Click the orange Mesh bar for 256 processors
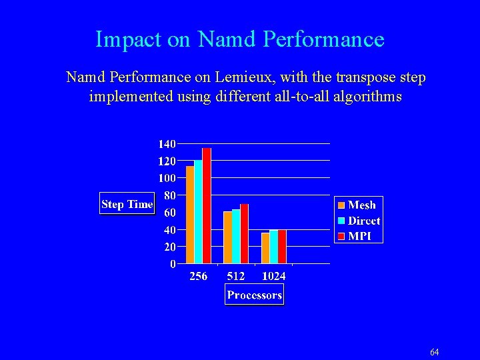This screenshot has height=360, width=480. [x=190, y=215]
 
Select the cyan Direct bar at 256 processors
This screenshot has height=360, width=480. [x=198, y=212]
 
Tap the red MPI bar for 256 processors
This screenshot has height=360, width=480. [x=207, y=206]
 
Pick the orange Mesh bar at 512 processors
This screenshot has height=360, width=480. [x=227, y=237]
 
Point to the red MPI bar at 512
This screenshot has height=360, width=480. [x=244, y=233]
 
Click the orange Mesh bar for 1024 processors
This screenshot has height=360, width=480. [x=265, y=248]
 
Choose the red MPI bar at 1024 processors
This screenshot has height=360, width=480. [x=282, y=247]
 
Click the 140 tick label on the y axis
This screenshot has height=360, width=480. [x=167, y=144]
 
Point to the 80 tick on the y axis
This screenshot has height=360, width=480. [x=169, y=195]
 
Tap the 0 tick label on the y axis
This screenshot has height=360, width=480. [x=173, y=264]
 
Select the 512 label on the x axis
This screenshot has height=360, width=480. [x=236, y=276]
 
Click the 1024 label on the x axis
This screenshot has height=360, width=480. [x=273, y=276]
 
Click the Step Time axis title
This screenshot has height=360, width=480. [x=127, y=204]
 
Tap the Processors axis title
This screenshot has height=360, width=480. [x=254, y=295]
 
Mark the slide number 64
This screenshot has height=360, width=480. [x=434, y=352]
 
